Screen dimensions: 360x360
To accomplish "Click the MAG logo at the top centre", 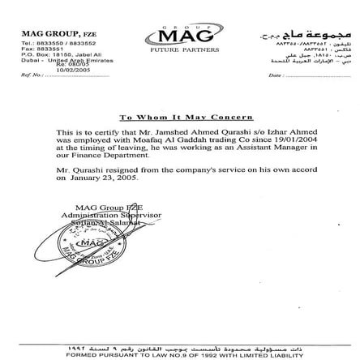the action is point(181,37).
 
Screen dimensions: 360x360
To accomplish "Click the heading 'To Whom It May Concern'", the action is point(180,118).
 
